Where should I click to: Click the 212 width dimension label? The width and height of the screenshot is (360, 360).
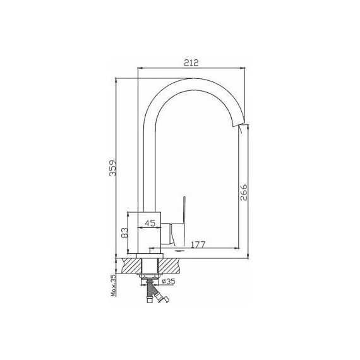[x=191, y=63]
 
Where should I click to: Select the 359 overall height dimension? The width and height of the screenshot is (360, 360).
[x=112, y=168]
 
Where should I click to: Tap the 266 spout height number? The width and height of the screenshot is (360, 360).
[x=244, y=192]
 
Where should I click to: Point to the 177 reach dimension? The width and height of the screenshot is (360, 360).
[x=198, y=245]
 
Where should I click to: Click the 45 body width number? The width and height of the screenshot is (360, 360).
[x=150, y=223]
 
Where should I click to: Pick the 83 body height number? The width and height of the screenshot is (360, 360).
[x=124, y=233]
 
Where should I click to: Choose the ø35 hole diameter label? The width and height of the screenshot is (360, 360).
[x=169, y=281]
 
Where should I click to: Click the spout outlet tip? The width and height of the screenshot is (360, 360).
[x=240, y=124]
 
